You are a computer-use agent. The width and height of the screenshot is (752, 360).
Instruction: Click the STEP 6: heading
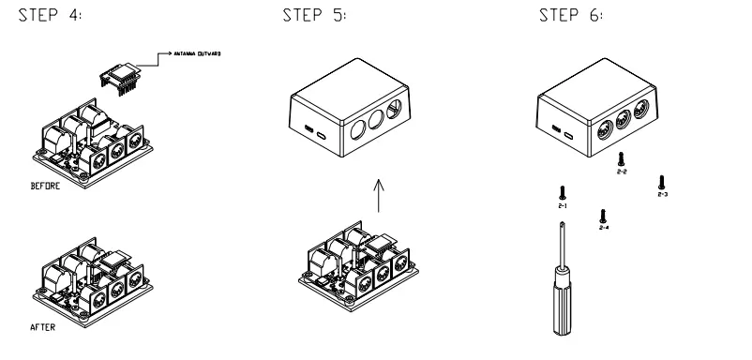(564, 19)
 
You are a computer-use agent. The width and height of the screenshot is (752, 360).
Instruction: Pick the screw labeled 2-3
(663, 179)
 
